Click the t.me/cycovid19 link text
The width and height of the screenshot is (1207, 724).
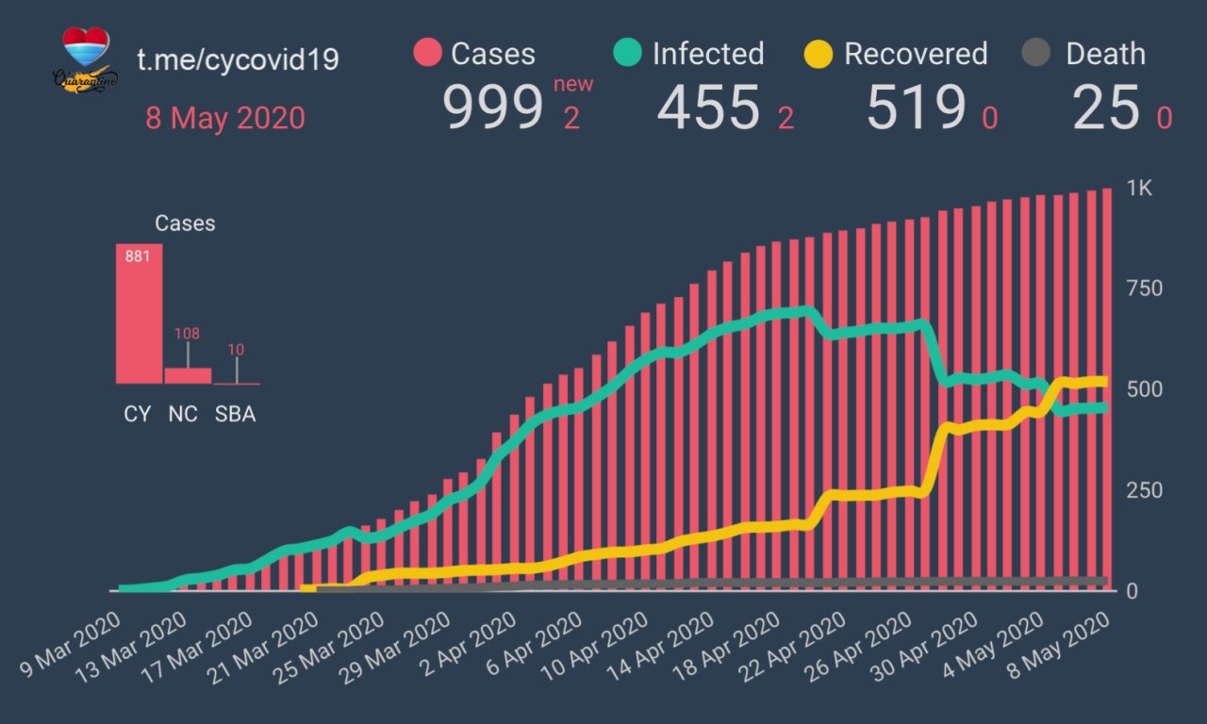pyautogui.click(x=238, y=59)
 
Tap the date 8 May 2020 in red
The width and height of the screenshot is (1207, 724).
pyautogui.click(x=225, y=119)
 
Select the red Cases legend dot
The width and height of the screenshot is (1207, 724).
pyautogui.click(x=427, y=53)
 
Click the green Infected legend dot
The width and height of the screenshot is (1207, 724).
pyautogui.click(x=628, y=53)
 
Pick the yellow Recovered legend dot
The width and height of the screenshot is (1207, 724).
pyautogui.click(x=818, y=53)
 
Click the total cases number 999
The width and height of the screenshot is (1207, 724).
pyautogui.click(x=493, y=107)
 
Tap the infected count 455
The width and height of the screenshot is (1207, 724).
pyautogui.click(x=708, y=107)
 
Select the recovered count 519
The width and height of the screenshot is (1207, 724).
pyautogui.click(x=916, y=107)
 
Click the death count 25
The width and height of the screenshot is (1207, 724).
pyautogui.click(x=1105, y=107)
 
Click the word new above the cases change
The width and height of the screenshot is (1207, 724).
pyautogui.click(x=573, y=85)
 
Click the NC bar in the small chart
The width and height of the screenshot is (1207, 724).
pyautogui.click(x=188, y=375)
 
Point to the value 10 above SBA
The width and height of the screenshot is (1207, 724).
pyautogui.click(x=236, y=350)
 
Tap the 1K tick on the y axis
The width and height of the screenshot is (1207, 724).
pyautogui.click(x=1139, y=189)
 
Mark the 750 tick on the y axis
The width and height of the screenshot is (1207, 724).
pyautogui.click(x=1144, y=288)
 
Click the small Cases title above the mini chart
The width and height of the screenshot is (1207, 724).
pyautogui.click(x=185, y=223)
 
